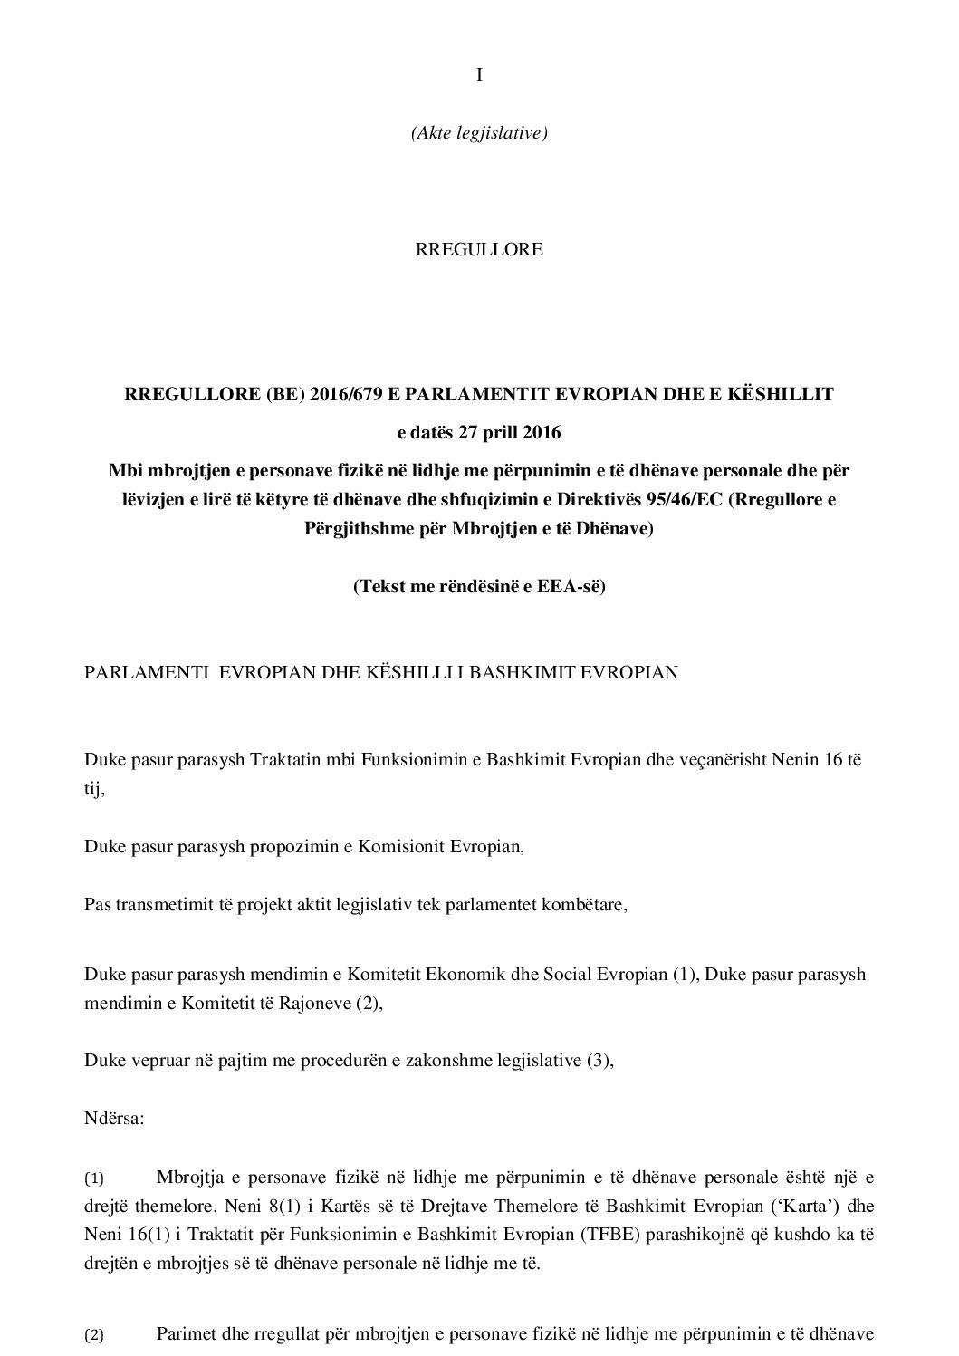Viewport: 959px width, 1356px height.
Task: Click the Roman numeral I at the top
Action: pyautogui.click(x=479, y=75)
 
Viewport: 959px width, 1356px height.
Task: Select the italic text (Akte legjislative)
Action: pyautogui.click(x=479, y=134)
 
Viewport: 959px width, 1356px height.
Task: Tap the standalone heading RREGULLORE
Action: pyautogui.click(x=479, y=249)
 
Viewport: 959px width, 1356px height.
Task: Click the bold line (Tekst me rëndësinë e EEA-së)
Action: pyautogui.click(x=479, y=585)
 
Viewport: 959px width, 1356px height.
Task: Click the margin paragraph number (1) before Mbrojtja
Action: pyautogui.click(x=94, y=1179)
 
